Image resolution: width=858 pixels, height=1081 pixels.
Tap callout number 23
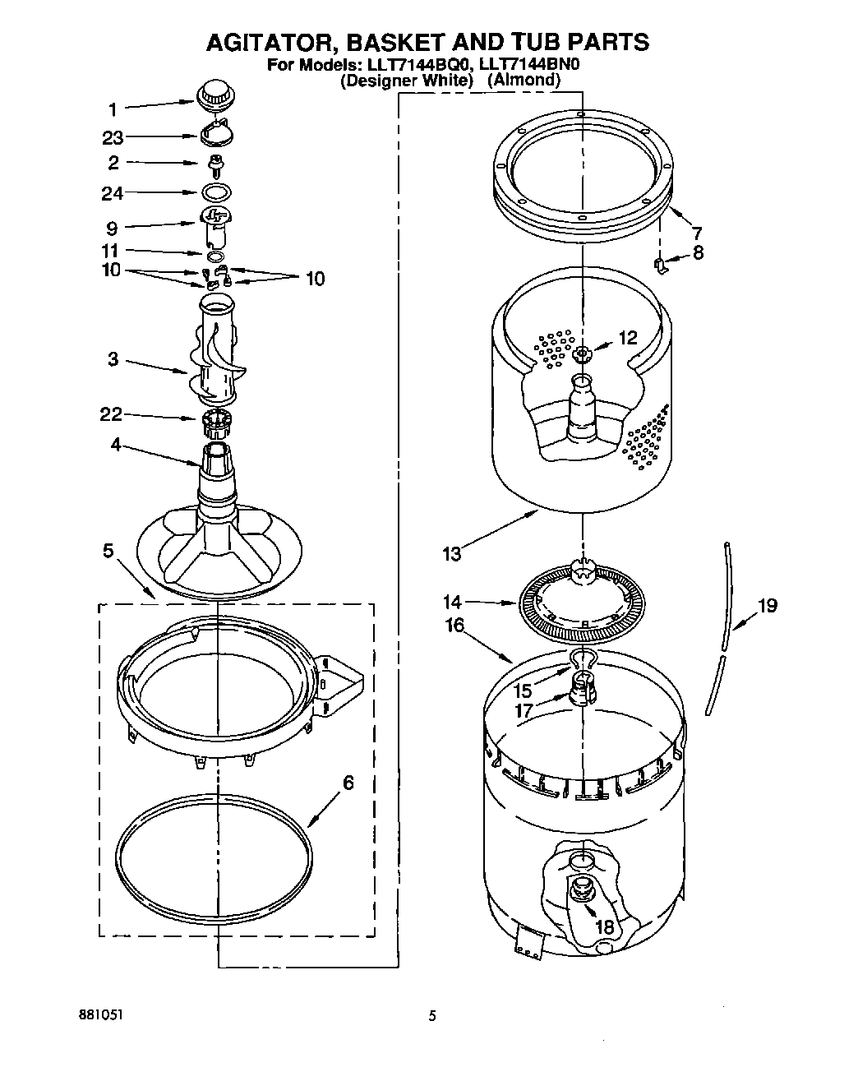tap(113, 138)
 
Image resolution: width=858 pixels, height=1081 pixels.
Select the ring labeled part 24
tap(215, 193)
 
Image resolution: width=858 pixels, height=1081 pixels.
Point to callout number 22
tap(111, 416)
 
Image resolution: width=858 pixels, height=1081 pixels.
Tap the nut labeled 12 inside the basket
tap(582, 353)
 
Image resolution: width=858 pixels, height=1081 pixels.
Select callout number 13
tap(452, 554)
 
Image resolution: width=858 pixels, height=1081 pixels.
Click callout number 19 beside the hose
tap(767, 607)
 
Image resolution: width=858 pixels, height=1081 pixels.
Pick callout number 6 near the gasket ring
tap(348, 783)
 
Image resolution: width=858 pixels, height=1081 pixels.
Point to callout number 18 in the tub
tap(604, 926)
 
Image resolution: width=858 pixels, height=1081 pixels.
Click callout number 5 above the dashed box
tap(108, 551)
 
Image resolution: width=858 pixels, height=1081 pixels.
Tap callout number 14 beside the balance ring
tap(452, 602)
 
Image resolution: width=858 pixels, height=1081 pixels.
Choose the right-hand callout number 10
tap(314, 279)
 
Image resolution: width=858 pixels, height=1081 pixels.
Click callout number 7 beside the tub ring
tap(697, 233)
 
